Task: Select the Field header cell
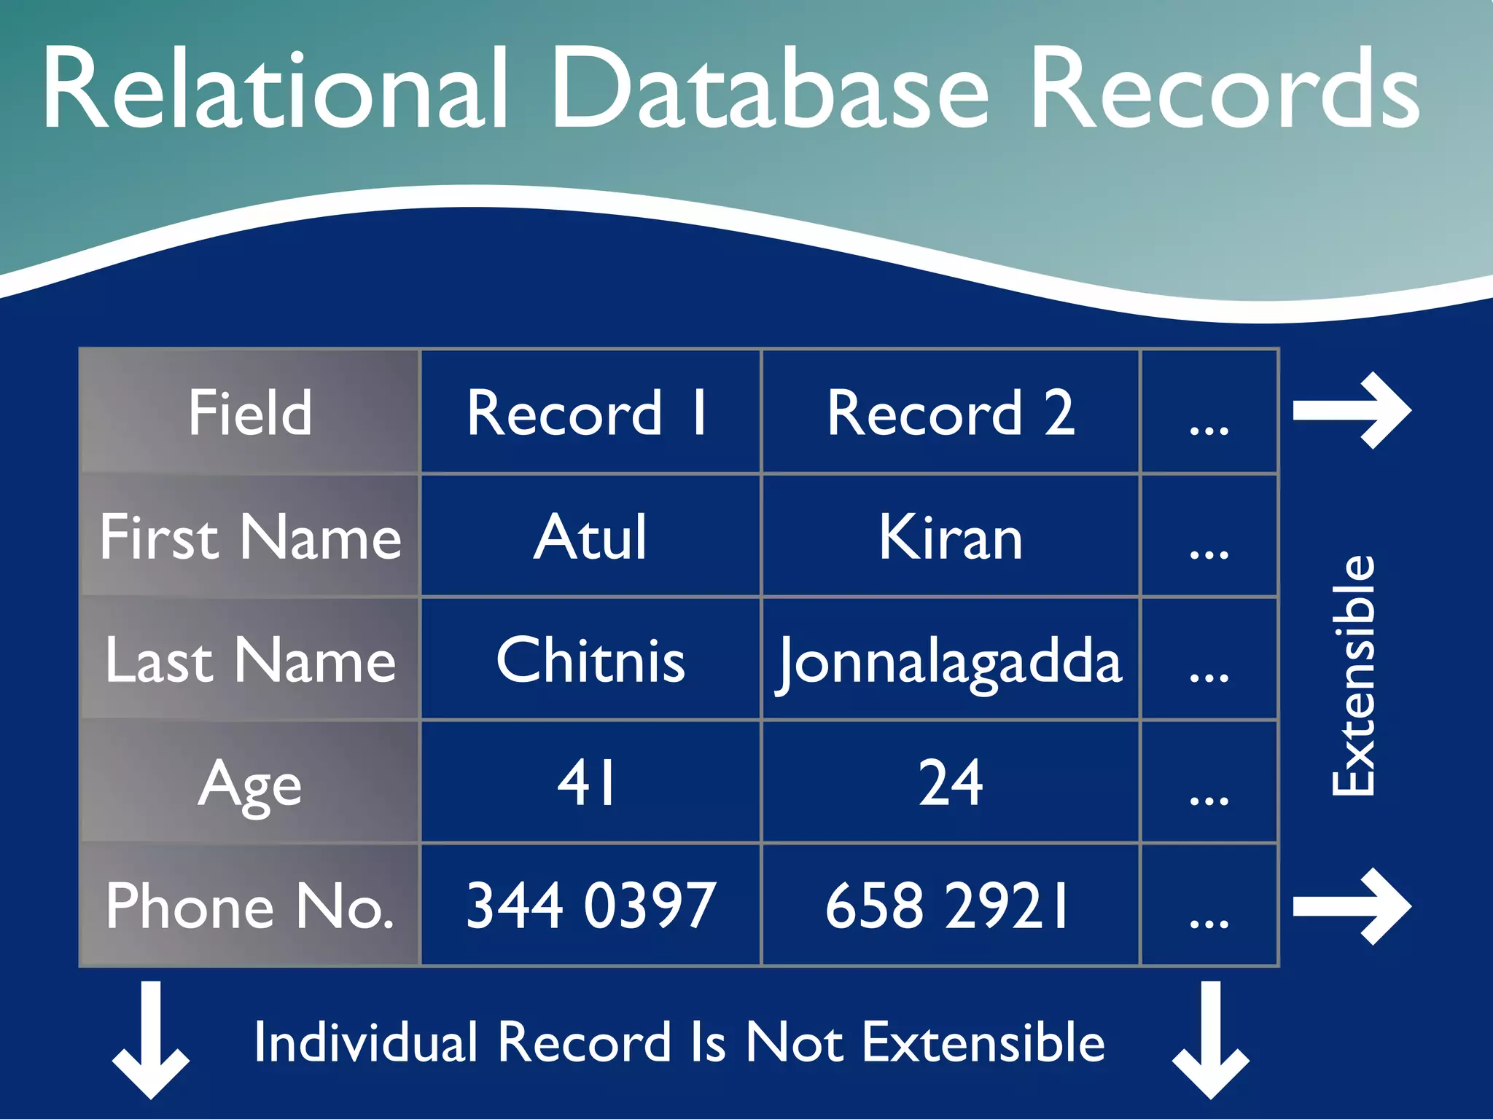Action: tap(250, 412)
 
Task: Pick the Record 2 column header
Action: tap(950, 412)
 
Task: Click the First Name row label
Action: tap(250, 537)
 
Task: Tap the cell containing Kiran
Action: tap(950, 537)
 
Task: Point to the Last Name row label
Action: tap(250, 660)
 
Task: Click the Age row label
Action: tap(250, 784)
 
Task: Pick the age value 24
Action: tap(950, 782)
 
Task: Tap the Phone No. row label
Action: tap(250, 906)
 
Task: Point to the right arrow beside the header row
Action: tap(1353, 411)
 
